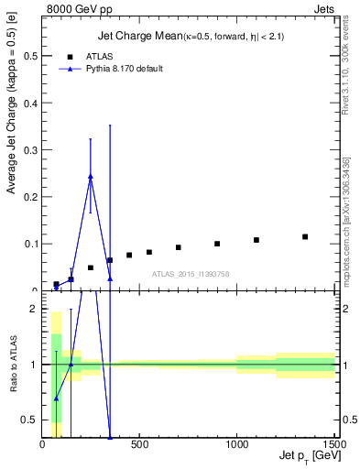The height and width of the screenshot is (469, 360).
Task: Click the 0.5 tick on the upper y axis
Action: point(43,56)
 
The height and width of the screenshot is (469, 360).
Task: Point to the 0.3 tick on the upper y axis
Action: point(43,149)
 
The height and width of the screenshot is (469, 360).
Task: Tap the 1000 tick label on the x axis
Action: point(237,445)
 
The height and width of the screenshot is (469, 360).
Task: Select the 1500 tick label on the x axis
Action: point(334,445)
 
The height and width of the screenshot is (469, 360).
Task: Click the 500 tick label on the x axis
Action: point(140,445)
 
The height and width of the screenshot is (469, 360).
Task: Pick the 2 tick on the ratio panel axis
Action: point(43,309)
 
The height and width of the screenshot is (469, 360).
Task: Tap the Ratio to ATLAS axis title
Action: point(12,366)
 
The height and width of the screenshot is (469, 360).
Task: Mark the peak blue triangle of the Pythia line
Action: point(91,176)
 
